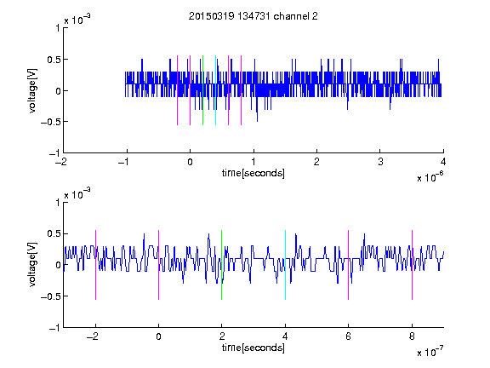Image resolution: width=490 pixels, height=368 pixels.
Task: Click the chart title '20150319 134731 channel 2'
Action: tap(254, 16)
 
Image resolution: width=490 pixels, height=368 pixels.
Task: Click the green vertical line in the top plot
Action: tap(202, 90)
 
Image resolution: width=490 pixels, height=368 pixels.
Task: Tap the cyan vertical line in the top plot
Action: tap(215, 90)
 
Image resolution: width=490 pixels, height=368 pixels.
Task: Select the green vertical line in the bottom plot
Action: tap(221, 265)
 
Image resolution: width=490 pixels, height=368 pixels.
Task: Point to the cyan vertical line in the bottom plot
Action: tap(285, 265)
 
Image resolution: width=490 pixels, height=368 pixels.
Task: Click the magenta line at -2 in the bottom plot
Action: tap(95, 265)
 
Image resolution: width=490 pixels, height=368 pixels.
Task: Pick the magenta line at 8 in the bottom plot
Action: tap(413, 265)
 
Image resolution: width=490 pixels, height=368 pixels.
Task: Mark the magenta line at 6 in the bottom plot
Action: tap(349, 265)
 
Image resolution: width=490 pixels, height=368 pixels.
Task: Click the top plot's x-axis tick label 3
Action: tap(380, 162)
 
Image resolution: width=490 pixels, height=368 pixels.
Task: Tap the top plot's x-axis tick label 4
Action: tap(443, 162)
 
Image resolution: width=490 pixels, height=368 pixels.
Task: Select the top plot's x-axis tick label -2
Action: tap(61, 162)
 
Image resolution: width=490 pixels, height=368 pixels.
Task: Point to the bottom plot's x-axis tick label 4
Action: tap(285, 336)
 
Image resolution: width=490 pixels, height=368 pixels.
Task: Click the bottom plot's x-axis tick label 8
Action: tap(412, 336)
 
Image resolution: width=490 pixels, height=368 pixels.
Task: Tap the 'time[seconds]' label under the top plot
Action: tap(254, 173)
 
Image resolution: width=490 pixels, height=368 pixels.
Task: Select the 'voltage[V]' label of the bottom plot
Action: tap(32, 265)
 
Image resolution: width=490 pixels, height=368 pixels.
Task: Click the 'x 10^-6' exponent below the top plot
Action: tap(430, 177)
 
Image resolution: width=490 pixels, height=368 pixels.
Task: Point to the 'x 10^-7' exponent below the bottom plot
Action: tap(430, 352)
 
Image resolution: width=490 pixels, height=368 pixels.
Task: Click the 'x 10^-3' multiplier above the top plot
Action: tap(77, 20)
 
